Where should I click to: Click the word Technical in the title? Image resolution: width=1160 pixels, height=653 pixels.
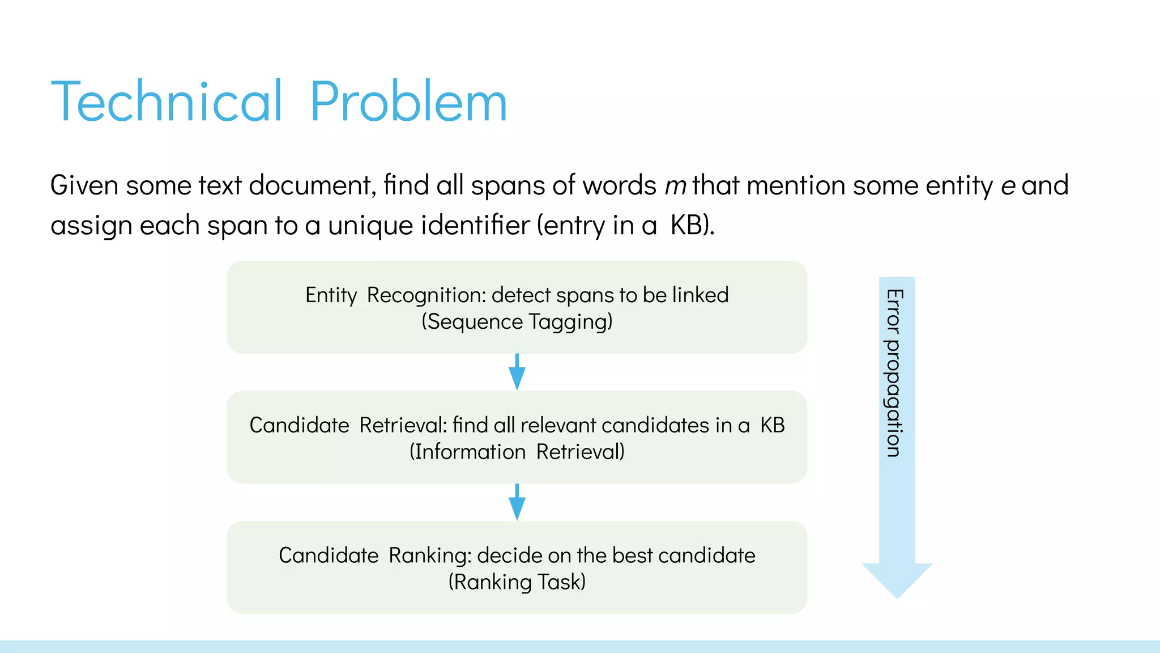[x=166, y=102]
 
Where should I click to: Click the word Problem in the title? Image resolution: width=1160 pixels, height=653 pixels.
[x=408, y=102]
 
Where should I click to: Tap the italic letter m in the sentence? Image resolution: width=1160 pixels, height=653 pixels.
[x=675, y=186]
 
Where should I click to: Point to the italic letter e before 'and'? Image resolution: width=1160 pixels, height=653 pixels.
[x=1008, y=186]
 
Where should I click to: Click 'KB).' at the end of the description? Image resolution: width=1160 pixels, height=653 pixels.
[x=692, y=226]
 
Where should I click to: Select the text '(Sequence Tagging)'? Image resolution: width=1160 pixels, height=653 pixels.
[x=517, y=322]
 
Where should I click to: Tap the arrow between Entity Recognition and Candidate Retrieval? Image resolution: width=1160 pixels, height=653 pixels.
[x=517, y=373]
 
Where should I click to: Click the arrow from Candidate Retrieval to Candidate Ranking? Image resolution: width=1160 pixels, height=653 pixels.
[x=517, y=503]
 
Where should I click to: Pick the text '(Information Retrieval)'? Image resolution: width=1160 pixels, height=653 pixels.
[x=517, y=452]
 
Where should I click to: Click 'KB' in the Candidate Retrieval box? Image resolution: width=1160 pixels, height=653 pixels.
[x=772, y=425]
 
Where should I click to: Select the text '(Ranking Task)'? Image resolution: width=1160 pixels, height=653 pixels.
[x=517, y=582]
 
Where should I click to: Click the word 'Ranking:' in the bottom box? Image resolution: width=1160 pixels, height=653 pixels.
[x=429, y=556]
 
